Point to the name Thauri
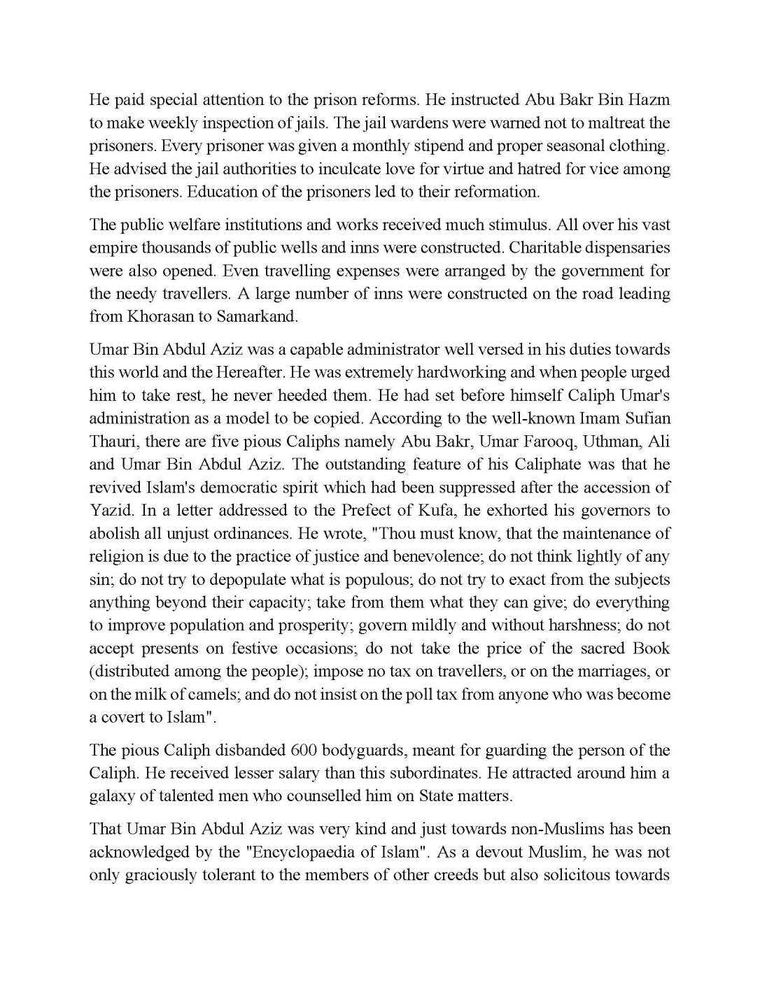(x=112, y=442)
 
